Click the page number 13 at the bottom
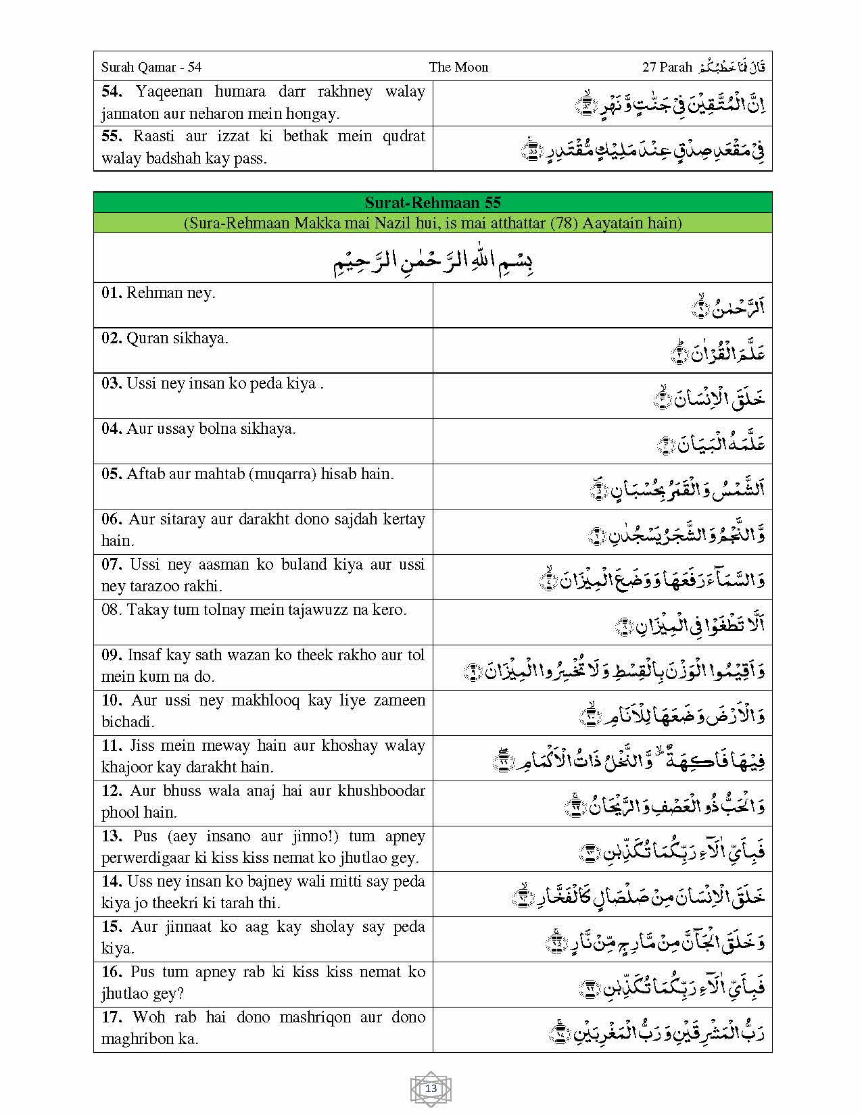(x=431, y=1089)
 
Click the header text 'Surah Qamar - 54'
(x=151, y=67)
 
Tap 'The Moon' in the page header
(x=458, y=67)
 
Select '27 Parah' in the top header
(x=667, y=67)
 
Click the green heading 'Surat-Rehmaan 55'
(x=433, y=203)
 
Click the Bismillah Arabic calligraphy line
(x=433, y=259)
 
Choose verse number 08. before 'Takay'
(x=112, y=610)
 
